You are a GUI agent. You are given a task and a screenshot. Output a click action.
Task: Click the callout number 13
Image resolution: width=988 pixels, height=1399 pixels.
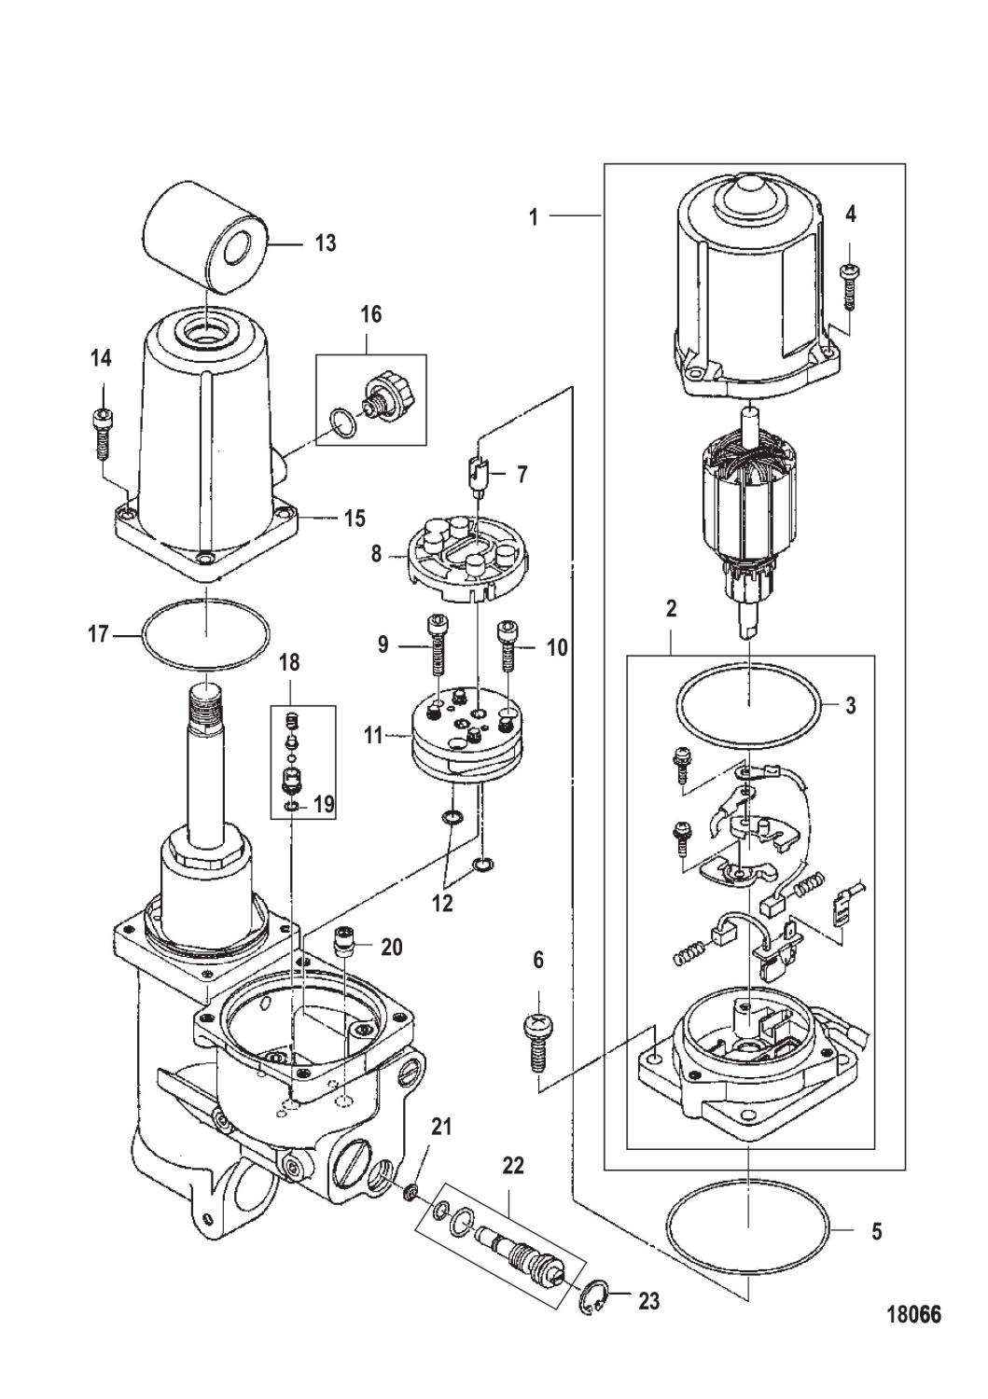pos(326,243)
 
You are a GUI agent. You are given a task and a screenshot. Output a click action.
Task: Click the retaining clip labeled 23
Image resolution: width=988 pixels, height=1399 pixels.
pos(595,1299)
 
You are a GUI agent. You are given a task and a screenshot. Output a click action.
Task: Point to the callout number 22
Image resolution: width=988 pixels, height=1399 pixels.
pos(513,1166)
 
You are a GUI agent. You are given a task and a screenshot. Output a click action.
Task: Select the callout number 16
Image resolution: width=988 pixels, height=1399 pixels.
pos(370,314)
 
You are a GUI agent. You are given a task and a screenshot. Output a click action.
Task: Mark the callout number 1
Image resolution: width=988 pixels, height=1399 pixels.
pos(533,217)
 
